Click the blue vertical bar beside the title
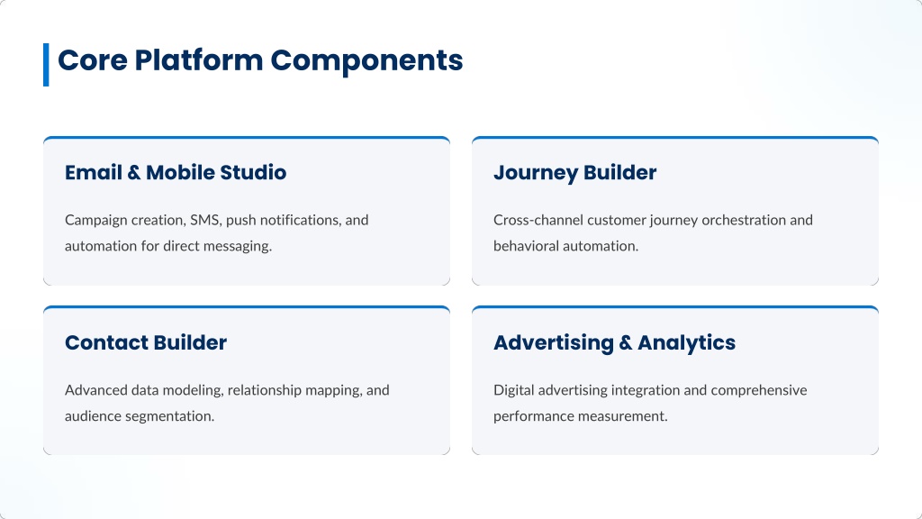click(46, 65)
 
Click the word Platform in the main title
click(199, 60)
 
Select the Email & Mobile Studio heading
click(176, 172)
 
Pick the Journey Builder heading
click(574, 173)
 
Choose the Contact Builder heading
click(145, 342)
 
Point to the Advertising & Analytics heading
click(614, 343)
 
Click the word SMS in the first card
click(204, 221)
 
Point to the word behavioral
click(526, 246)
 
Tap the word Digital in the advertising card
click(513, 391)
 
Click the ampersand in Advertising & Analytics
click(626, 343)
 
